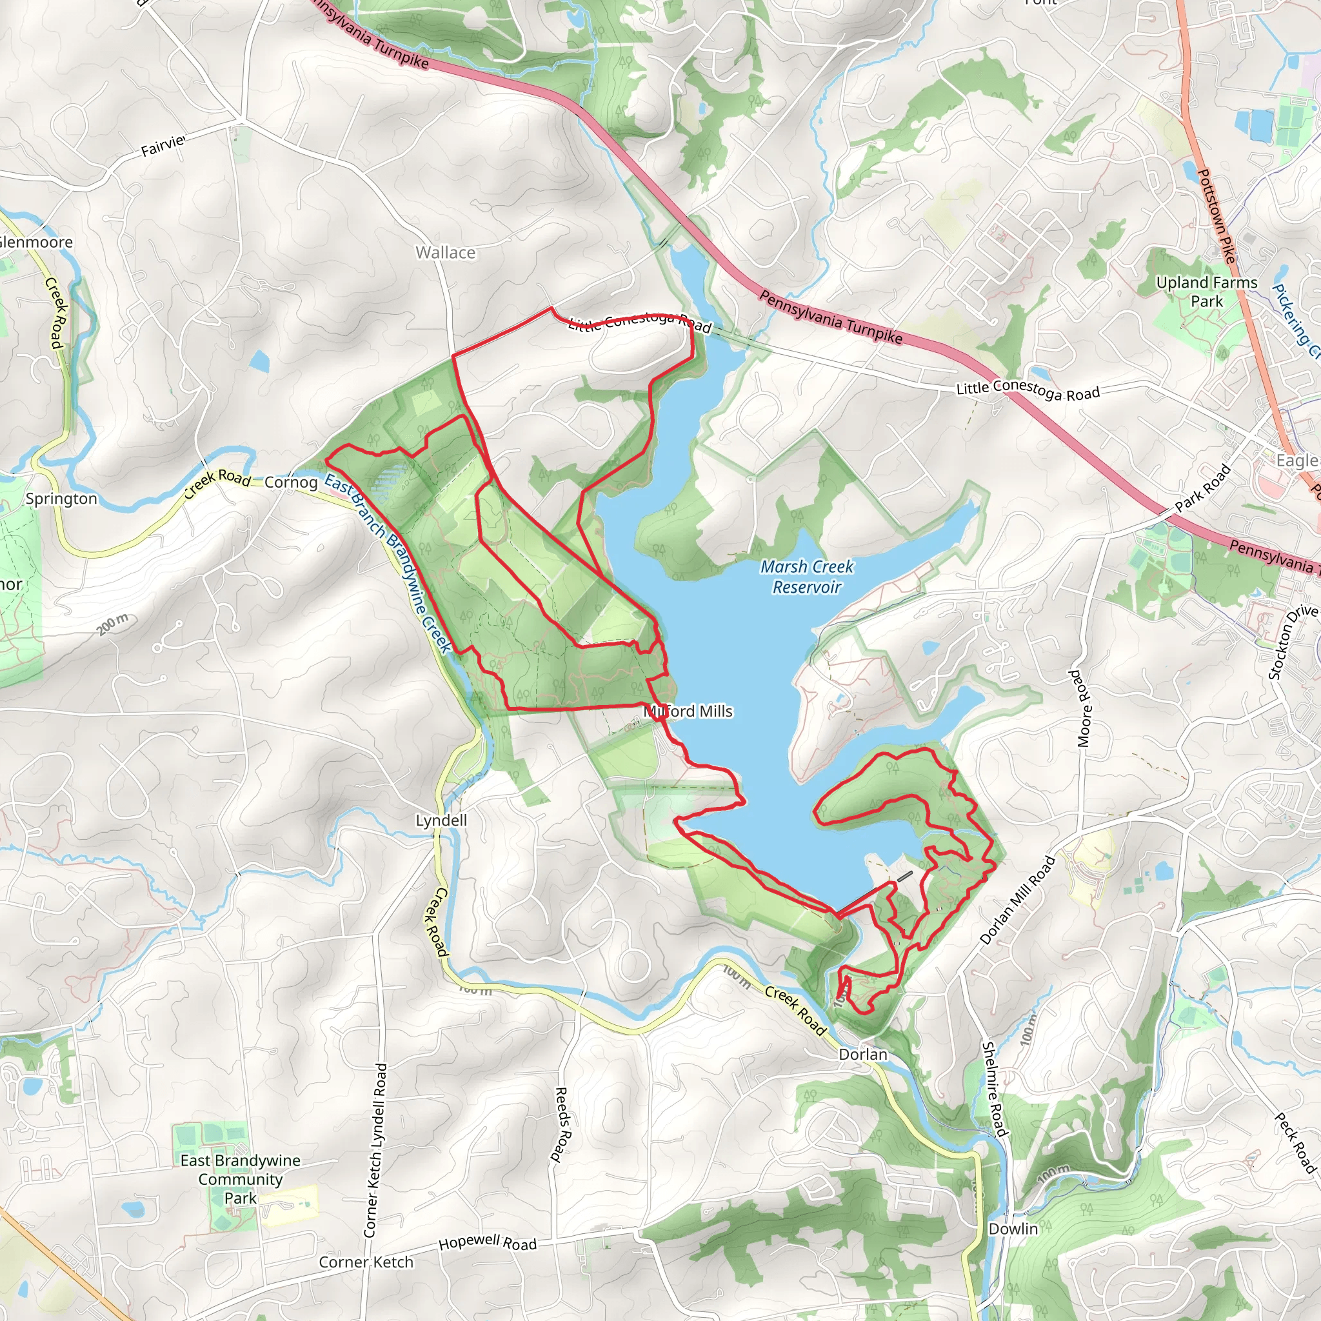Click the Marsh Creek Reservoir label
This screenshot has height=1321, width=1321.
tap(807, 577)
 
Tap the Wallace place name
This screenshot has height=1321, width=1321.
tap(446, 253)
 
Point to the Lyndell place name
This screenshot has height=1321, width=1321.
tap(442, 820)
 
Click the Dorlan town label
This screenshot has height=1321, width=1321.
tap(863, 1055)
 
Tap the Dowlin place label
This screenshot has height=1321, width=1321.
tap(1013, 1229)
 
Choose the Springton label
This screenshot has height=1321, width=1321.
tap(61, 499)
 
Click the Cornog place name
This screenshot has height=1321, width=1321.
tap(291, 482)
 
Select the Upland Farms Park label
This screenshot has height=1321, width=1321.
tap(1206, 292)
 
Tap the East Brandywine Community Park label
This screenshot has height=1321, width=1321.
tap(240, 1179)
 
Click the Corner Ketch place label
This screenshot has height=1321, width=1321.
tap(366, 1262)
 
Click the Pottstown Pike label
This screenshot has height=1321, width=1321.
tap(1217, 216)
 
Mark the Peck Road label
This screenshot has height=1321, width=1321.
tap(1295, 1143)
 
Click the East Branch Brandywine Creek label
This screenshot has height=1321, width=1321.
tap(387, 562)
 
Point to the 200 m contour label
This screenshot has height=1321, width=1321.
tap(112, 624)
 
